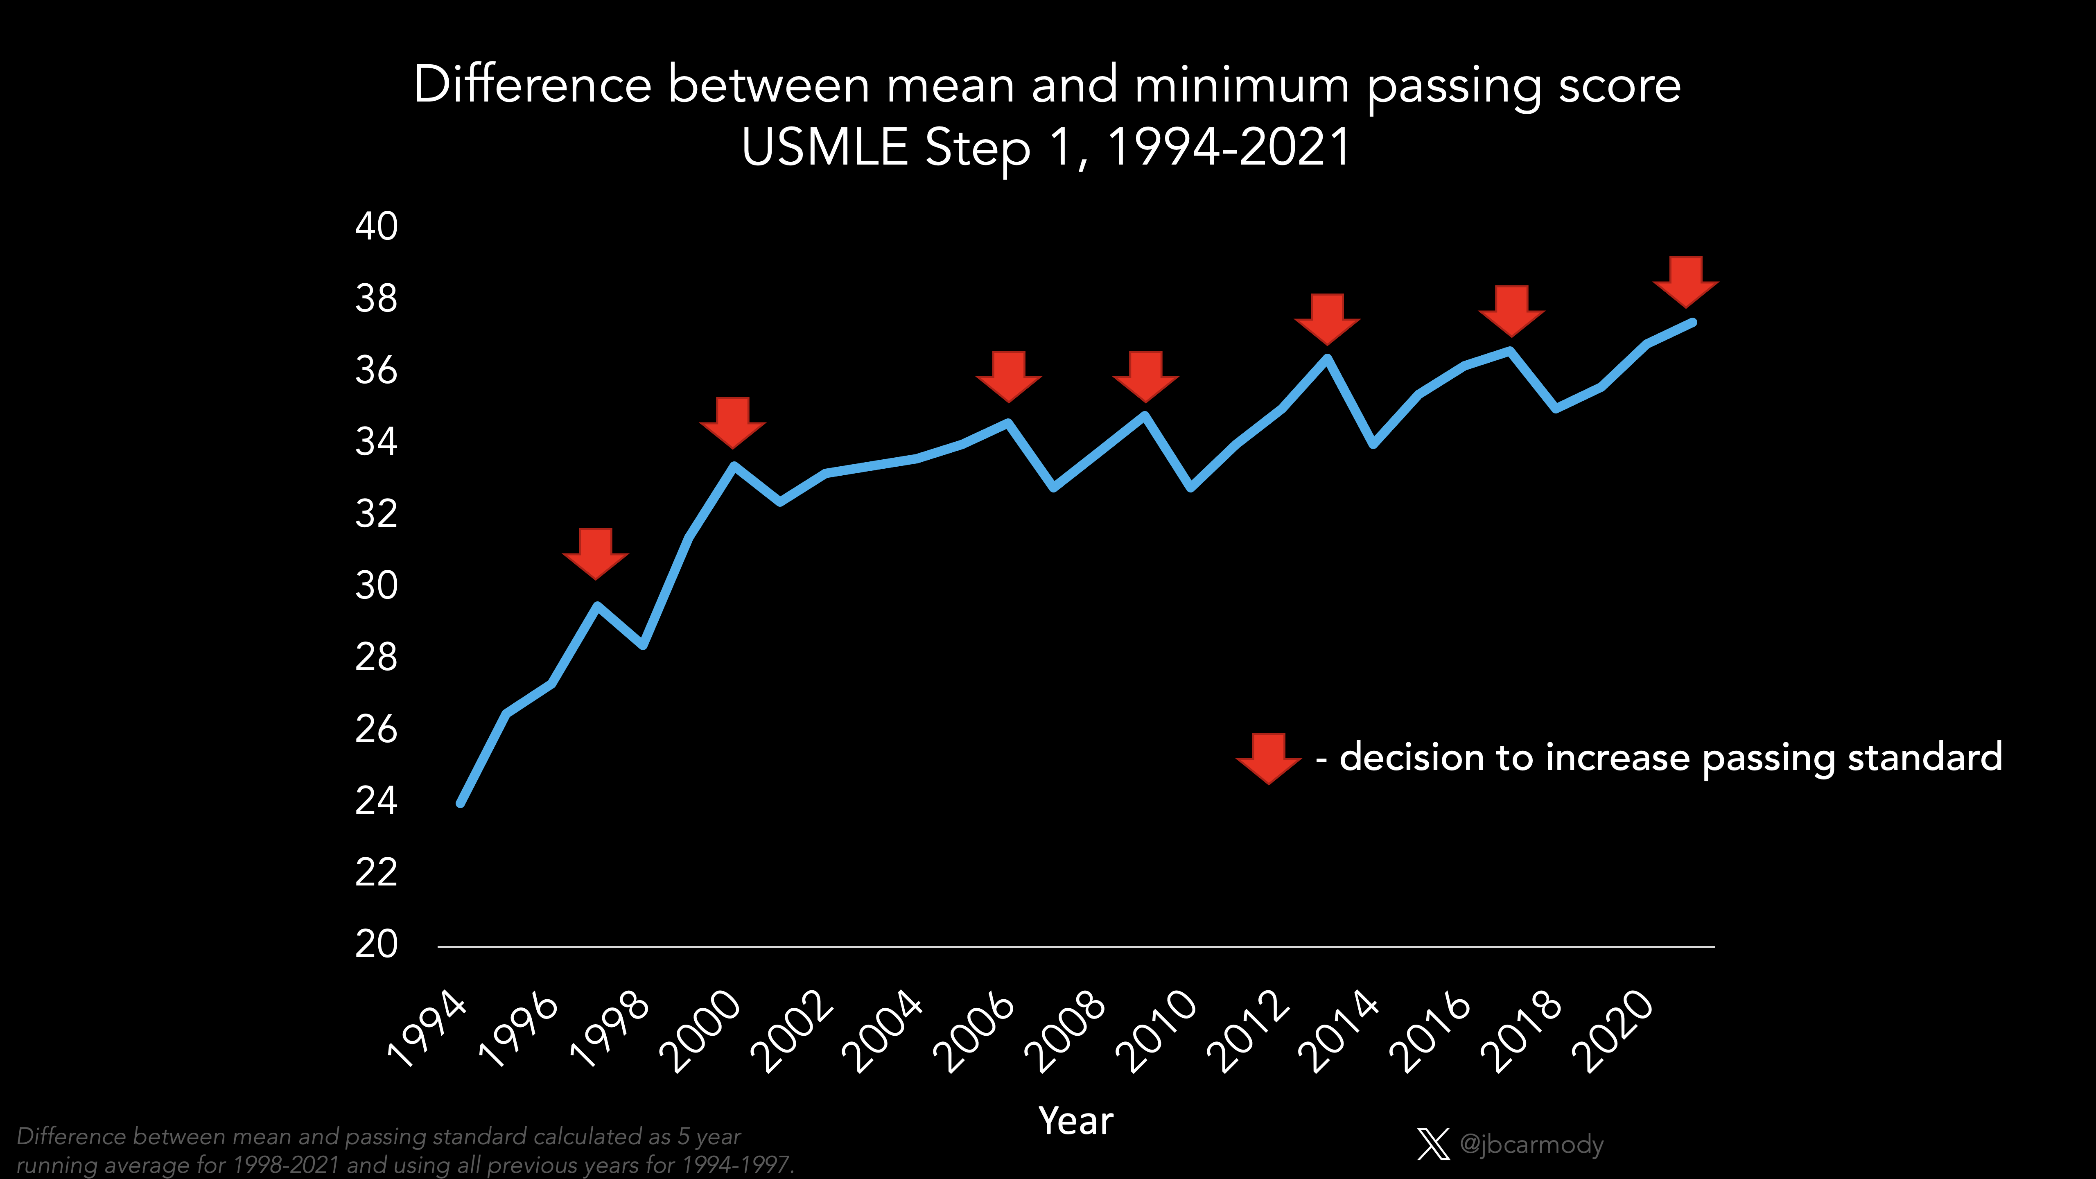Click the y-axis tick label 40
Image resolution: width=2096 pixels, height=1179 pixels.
pos(376,226)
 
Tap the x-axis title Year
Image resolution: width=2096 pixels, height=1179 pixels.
pos(1076,1121)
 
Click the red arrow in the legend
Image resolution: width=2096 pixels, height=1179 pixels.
pos(1268,757)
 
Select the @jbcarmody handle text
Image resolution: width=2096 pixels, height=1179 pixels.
pos(1531,1144)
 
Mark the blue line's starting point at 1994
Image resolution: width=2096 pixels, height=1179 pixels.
pos(461,803)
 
